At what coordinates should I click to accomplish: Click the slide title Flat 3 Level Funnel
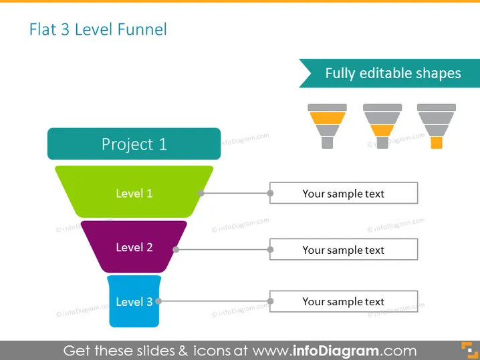pyautogui.click(x=98, y=29)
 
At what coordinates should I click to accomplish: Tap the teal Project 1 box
pyautogui.click(x=134, y=144)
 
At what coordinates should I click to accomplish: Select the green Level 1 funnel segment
pyautogui.click(x=134, y=192)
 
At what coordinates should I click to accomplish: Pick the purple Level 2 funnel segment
pyautogui.click(x=134, y=247)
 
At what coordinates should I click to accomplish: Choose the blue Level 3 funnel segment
pyautogui.click(x=134, y=301)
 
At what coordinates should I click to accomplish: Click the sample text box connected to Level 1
pyautogui.click(x=344, y=193)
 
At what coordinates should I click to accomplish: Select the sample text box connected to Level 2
pyautogui.click(x=344, y=249)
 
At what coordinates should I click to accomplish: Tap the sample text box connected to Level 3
pyautogui.click(x=344, y=301)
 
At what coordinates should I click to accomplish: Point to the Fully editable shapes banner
pyautogui.click(x=389, y=73)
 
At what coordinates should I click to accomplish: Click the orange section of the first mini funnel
pyautogui.click(x=328, y=118)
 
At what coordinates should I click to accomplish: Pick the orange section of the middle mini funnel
pyautogui.click(x=382, y=131)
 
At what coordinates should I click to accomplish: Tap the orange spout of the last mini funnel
pyautogui.click(x=437, y=143)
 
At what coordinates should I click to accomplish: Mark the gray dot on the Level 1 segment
pyautogui.click(x=201, y=193)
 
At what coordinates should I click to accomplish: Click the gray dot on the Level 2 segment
pyautogui.click(x=176, y=250)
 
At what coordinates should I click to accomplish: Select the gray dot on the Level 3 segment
pyautogui.click(x=158, y=301)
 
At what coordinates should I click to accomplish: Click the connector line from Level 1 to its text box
pyautogui.click(x=235, y=193)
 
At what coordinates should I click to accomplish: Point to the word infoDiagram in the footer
pyautogui.click(x=336, y=351)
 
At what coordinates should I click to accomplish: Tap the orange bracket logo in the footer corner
pyautogui.click(x=469, y=350)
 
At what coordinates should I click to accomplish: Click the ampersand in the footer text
pyautogui.click(x=183, y=351)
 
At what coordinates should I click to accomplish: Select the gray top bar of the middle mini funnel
pyautogui.click(x=382, y=108)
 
